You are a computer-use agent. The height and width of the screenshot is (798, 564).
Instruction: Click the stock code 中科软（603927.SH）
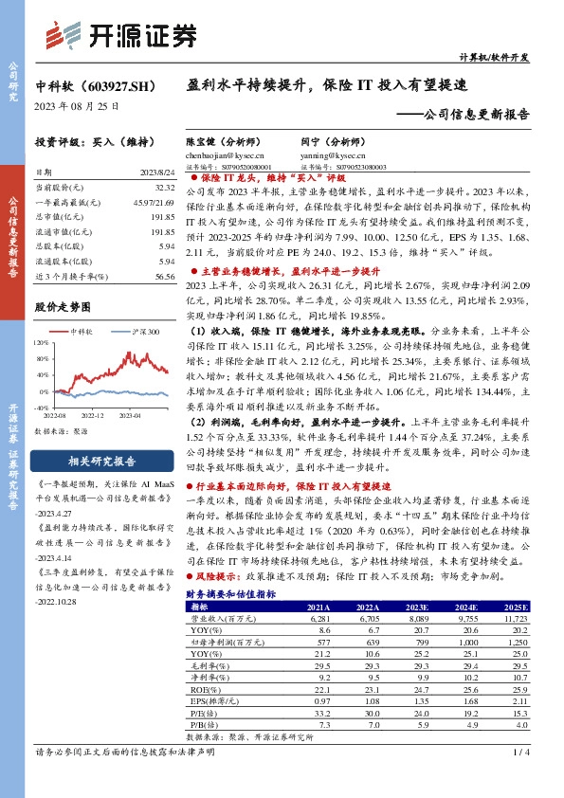(96, 85)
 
